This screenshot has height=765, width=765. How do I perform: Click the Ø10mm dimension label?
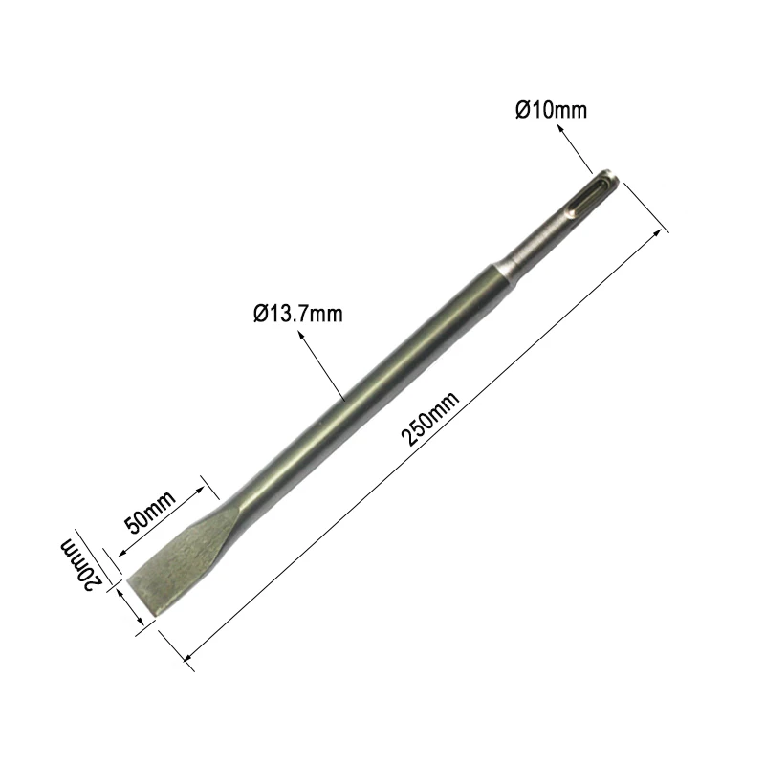tap(552, 110)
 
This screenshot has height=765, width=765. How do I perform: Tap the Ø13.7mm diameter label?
tap(298, 314)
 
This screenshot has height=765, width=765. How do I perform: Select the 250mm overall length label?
tap(429, 419)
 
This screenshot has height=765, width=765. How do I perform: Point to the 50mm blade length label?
tap(150, 513)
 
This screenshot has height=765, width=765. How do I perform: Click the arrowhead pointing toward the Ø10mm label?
tap(561, 129)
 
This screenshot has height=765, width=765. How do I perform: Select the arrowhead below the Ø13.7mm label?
tap(302, 336)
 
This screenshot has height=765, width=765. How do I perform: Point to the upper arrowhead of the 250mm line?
tap(658, 233)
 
